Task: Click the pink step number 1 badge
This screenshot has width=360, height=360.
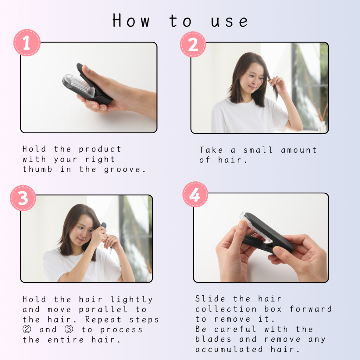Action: (x=27, y=43)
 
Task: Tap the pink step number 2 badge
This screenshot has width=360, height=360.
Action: (x=193, y=44)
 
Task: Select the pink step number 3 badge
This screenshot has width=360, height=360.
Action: (x=23, y=198)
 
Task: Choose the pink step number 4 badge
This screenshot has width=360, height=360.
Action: (x=195, y=194)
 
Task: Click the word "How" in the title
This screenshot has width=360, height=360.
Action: (x=131, y=21)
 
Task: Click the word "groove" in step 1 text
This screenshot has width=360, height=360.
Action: (x=122, y=169)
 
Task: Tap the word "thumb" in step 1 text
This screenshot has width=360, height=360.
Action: (x=37, y=169)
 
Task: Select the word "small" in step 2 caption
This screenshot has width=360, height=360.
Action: (x=258, y=150)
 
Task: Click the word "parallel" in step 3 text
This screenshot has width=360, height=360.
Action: (x=103, y=309)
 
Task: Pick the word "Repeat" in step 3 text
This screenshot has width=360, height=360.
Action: (x=103, y=320)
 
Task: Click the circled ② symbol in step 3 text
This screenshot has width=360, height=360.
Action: (x=27, y=329)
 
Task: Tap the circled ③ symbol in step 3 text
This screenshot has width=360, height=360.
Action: (x=69, y=329)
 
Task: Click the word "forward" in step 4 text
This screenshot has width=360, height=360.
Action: (x=311, y=309)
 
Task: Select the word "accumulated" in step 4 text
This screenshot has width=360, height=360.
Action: (x=229, y=349)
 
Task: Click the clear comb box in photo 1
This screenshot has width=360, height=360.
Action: (x=78, y=86)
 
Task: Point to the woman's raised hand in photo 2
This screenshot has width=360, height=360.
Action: (x=277, y=84)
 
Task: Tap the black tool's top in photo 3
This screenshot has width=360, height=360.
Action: (x=104, y=225)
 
